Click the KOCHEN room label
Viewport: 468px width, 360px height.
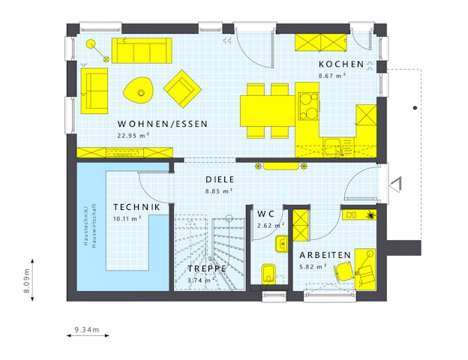(340, 64)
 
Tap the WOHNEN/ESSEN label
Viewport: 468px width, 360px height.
(162, 124)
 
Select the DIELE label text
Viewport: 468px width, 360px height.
(220, 180)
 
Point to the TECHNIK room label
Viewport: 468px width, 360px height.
(136, 207)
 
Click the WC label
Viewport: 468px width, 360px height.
(265, 214)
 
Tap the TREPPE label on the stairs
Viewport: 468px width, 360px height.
(207, 268)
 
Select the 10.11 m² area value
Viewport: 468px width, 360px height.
(127, 218)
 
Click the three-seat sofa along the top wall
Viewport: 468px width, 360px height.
(142, 51)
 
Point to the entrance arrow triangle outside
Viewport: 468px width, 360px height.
(397, 182)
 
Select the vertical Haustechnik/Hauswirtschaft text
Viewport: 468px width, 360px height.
(88, 226)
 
